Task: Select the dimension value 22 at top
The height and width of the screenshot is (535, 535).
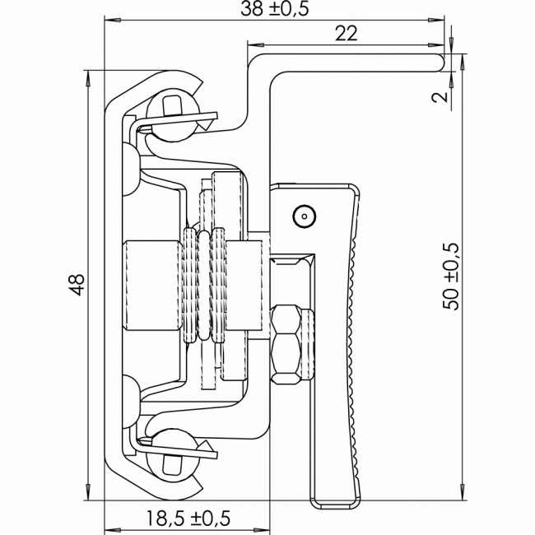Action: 346,34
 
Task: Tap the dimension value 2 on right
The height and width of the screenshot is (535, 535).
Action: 441,96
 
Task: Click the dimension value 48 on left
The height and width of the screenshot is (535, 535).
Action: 77,285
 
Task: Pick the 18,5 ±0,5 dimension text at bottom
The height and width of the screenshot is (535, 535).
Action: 188,518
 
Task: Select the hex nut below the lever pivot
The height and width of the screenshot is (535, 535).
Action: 291,345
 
